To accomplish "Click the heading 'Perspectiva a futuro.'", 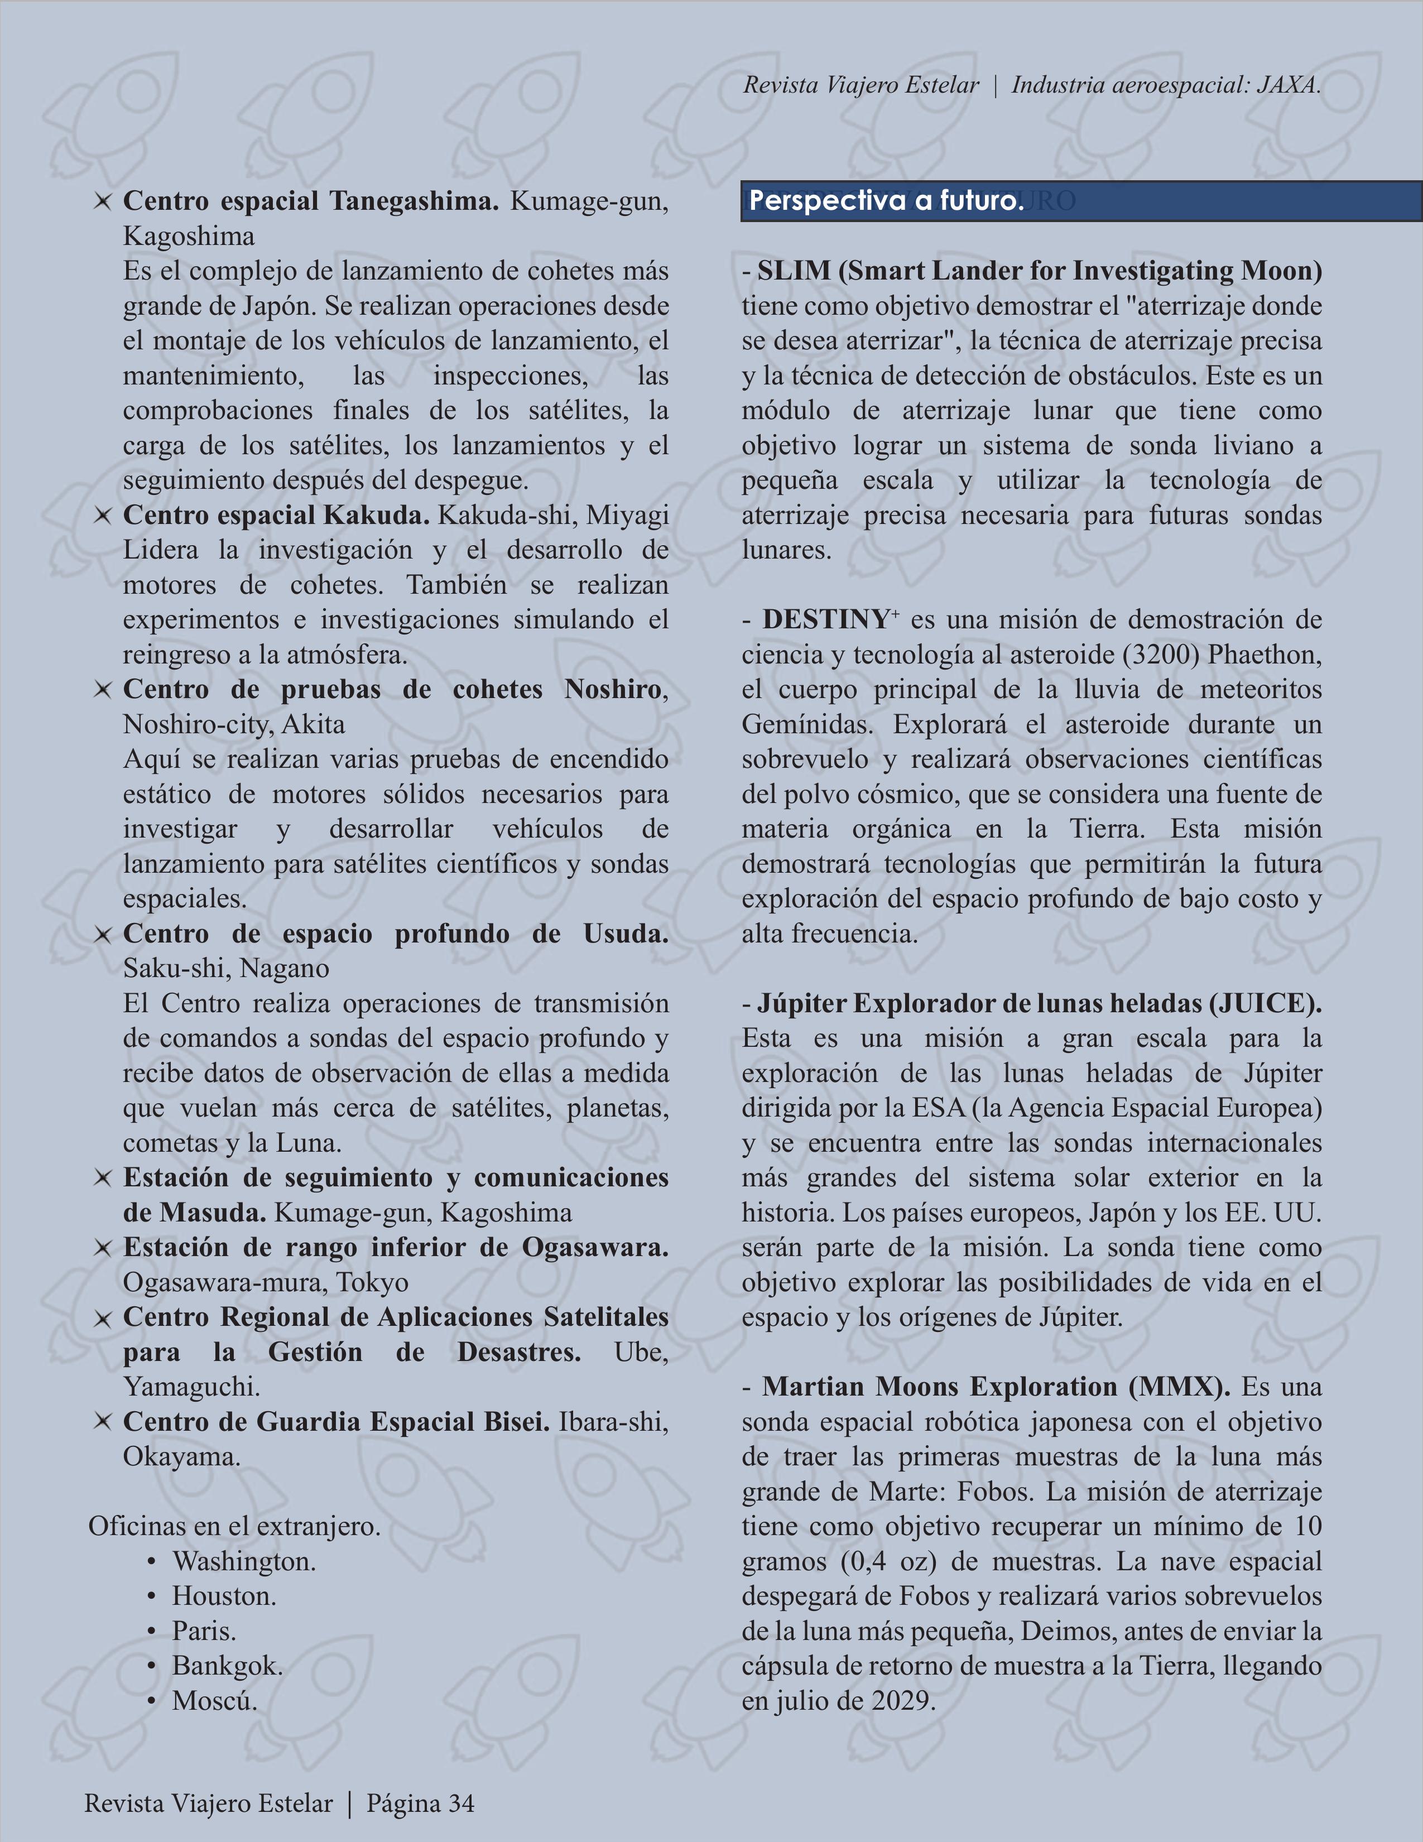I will (886, 201).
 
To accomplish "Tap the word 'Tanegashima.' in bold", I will (414, 201).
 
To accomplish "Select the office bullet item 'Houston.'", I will (224, 1596).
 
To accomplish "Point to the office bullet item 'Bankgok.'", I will (228, 1665).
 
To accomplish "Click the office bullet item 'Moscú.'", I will (215, 1700).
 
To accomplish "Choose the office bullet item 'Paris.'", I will (204, 1631).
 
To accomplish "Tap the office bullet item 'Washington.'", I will (244, 1561).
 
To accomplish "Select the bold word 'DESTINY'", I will (826, 620).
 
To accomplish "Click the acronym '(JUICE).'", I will (1265, 1004).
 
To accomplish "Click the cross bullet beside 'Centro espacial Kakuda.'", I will (102, 515).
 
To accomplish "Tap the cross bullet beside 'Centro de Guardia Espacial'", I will (102, 1422).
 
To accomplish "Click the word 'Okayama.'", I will (182, 1456).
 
